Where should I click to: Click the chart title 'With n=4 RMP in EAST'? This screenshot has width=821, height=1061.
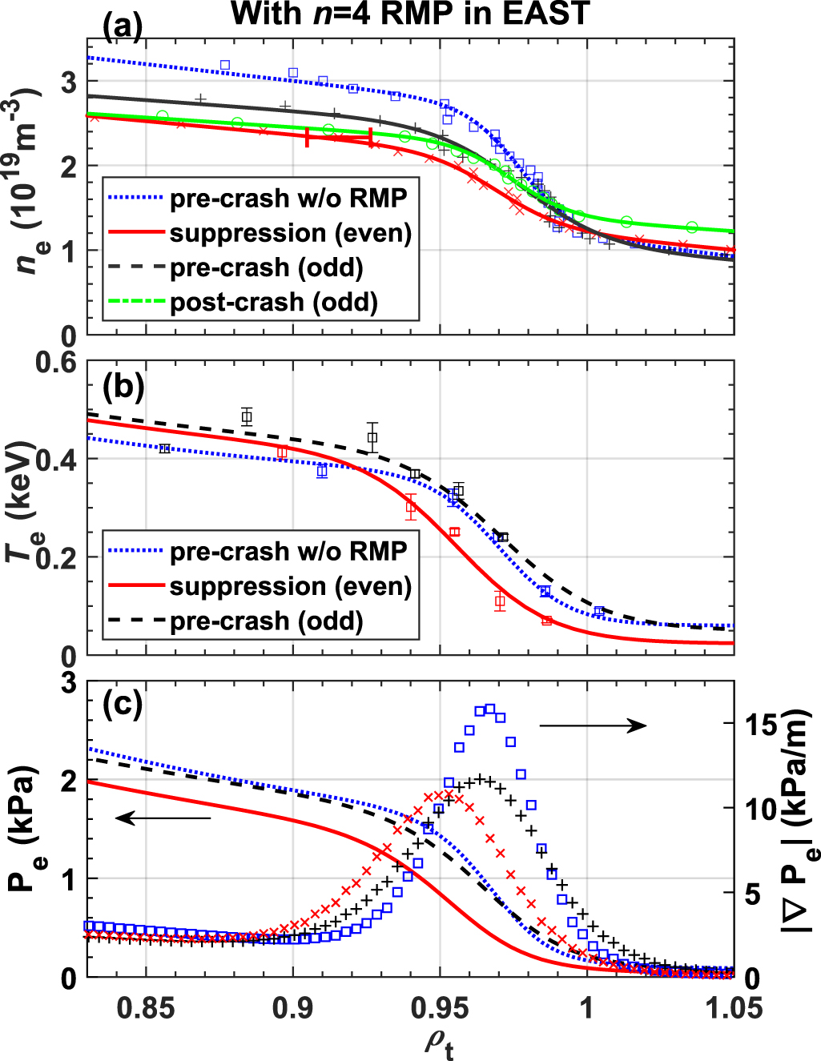click(410, 14)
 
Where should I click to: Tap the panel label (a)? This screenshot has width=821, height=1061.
click(123, 29)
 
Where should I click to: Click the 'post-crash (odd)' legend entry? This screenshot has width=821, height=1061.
click(273, 303)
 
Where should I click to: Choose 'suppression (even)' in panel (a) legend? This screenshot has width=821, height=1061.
click(290, 233)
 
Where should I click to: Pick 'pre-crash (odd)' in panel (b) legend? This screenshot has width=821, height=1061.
click(266, 621)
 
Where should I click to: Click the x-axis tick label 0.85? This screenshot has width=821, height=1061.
click(146, 1007)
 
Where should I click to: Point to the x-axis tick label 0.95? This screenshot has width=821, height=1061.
click(440, 1007)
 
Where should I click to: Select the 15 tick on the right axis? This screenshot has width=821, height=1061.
click(759, 725)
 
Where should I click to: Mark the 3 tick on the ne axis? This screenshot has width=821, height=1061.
click(69, 82)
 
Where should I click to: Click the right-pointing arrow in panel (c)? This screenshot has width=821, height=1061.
click(593, 725)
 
